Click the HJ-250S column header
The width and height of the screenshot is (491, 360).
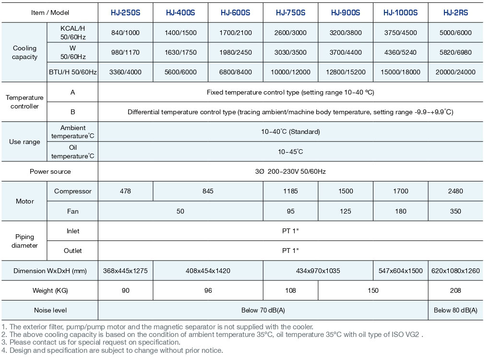pyautogui.click(x=125, y=13)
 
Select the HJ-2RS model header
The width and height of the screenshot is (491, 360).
pyautogui.click(x=455, y=13)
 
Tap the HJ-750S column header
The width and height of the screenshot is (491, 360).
pyautogui.click(x=290, y=13)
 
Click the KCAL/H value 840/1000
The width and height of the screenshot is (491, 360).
pyautogui.click(x=125, y=33)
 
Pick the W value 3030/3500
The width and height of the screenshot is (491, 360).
pyautogui.click(x=290, y=52)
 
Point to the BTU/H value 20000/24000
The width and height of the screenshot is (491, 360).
pyautogui.click(x=455, y=72)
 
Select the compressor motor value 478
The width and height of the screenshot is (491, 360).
pyautogui.click(x=125, y=191)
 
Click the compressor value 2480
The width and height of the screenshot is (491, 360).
pyautogui.click(x=455, y=191)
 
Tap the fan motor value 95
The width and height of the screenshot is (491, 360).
pyautogui.click(x=290, y=211)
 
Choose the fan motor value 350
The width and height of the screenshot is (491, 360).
pyautogui.click(x=455, y=211)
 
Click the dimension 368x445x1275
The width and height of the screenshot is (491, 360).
pyautogui.click(x=125, y=271)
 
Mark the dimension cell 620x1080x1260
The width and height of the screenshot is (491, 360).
pyautogui.click(x=455, y=271)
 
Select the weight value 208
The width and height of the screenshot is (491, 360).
pyautogui.click(x=455, y=290)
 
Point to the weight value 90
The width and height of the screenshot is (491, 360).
pyautogui.click(x=125, y=290)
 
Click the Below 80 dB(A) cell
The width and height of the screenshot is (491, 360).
pyautogui.click(x=455, y=310)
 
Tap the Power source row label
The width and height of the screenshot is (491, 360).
pyautogui.click(x=50, y=171)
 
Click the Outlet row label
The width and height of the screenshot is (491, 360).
pyautogui.click(x=72, y=251)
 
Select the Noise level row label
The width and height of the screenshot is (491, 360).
pyautogui.click(x=50, y=310)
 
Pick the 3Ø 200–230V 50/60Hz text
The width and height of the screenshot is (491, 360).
pyautogui.click(x=290, y=171)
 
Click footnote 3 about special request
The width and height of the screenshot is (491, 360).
pyautogui.click(x=91, y=342)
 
